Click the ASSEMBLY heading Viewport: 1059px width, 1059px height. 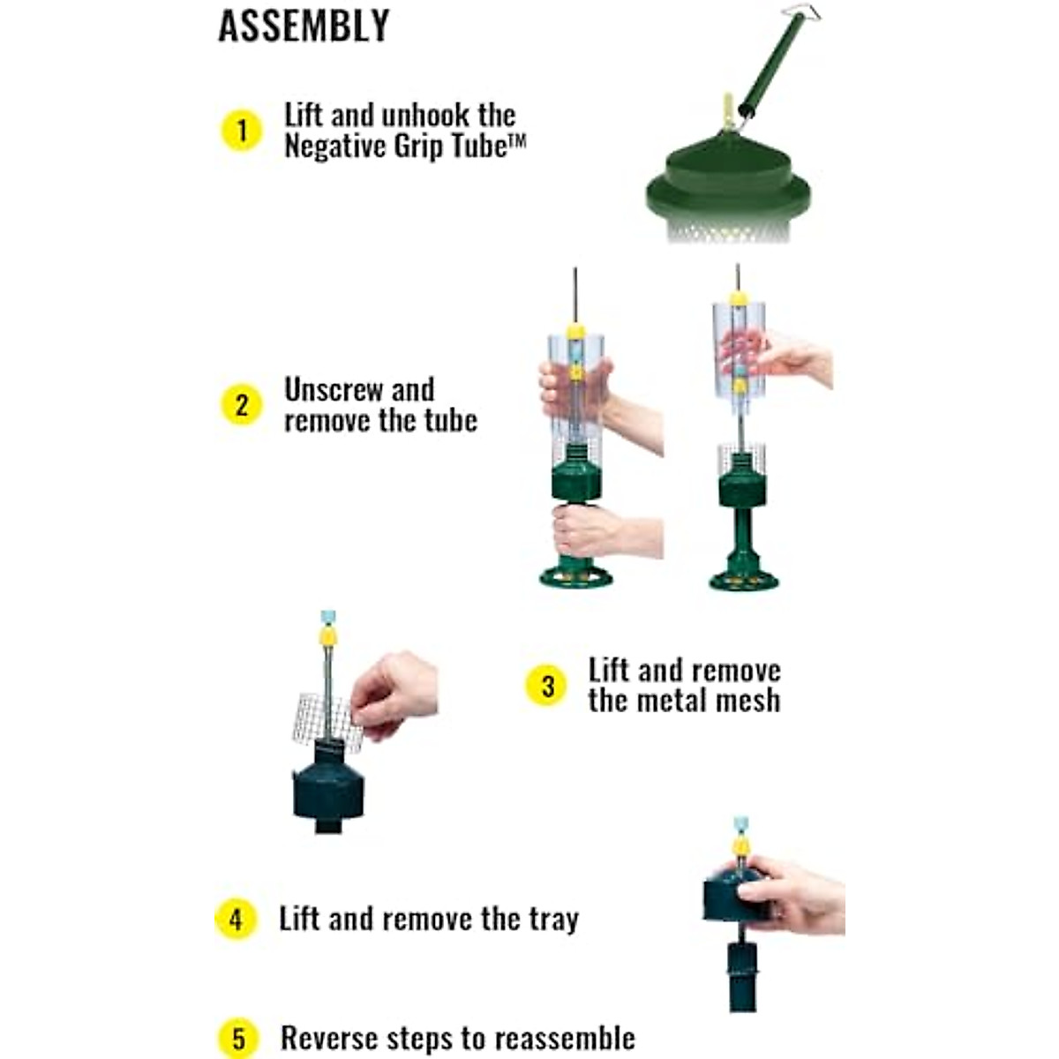click(304, 26)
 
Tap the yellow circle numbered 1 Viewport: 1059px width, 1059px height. click(241, 131)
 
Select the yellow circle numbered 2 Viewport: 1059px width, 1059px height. click(241, 405)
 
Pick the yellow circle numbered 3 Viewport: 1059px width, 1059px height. click(547, 686)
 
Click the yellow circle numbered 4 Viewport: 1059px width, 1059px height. click(236, 919)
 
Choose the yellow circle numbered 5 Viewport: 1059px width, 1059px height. click(238, 1038)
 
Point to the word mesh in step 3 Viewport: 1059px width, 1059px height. click(747, 701)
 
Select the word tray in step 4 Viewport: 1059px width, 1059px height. click(553, 920)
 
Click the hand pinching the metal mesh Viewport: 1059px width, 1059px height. click(394, 693)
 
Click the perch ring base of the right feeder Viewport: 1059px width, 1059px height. click(744, 580)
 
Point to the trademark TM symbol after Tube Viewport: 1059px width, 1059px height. click(517, 139)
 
